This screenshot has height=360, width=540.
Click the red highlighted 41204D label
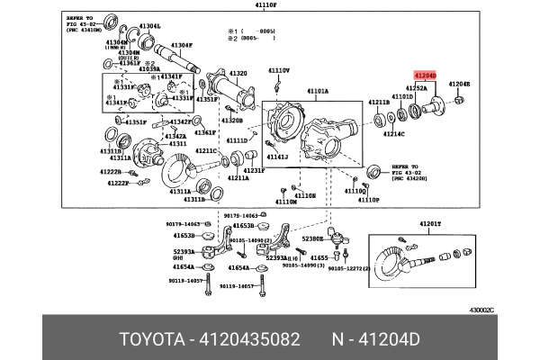[424, 75]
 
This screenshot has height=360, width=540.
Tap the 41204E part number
[460, 84]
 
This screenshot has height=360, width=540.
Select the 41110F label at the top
[270, 5]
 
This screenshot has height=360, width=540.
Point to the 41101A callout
[318, 91]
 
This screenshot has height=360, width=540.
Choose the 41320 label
[238, 73]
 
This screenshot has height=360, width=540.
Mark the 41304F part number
[182, 45]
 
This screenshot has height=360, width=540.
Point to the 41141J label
[277, 157]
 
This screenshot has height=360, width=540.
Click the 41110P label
[370, 200]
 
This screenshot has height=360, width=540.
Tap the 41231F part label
[228, 170]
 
